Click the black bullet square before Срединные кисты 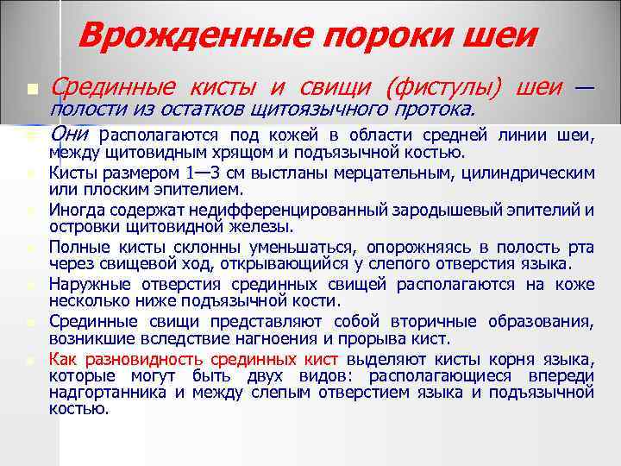click(33, 89)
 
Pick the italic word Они click(72, 135)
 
